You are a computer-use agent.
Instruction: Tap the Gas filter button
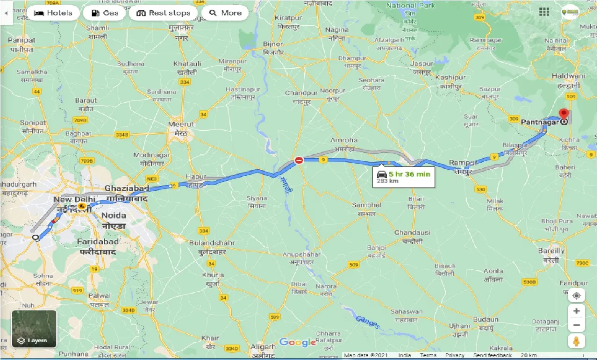105,13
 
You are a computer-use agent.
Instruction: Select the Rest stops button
163,13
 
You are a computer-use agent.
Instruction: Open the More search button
225,13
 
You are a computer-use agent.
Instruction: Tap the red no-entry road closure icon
299,160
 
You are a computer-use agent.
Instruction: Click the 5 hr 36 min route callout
404,176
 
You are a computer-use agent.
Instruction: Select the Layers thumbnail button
34,329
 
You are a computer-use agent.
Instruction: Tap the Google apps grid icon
543,12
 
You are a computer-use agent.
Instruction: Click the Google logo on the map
298,343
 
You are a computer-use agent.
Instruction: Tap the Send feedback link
493,355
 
